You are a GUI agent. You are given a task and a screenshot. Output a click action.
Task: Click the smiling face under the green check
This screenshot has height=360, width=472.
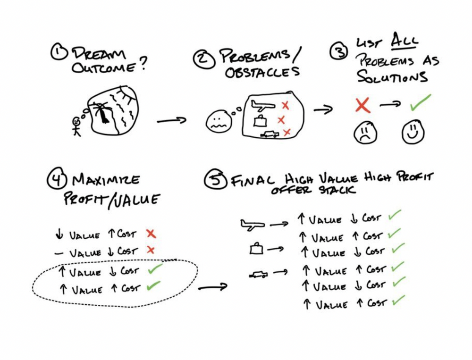click(x=413, y=133)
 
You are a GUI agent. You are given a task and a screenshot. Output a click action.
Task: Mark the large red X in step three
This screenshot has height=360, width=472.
click(x=362, y=106)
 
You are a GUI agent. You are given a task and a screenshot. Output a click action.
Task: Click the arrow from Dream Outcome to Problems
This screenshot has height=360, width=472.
click(x=171, y=121)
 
